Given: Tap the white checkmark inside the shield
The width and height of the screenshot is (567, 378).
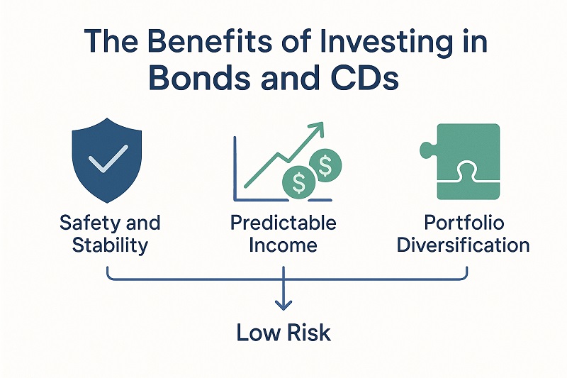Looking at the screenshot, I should point(108,157).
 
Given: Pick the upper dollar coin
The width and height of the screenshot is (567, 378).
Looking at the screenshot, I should point(326,167).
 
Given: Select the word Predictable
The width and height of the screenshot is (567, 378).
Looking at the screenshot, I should point(283,223).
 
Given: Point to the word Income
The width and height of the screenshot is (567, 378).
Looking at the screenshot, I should point(283,246).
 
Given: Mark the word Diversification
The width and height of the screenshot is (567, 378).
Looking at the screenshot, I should point(463,246).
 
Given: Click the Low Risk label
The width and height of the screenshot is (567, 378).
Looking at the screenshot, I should point(283,332).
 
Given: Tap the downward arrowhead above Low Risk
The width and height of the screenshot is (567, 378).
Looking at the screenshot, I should point(283,305).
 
